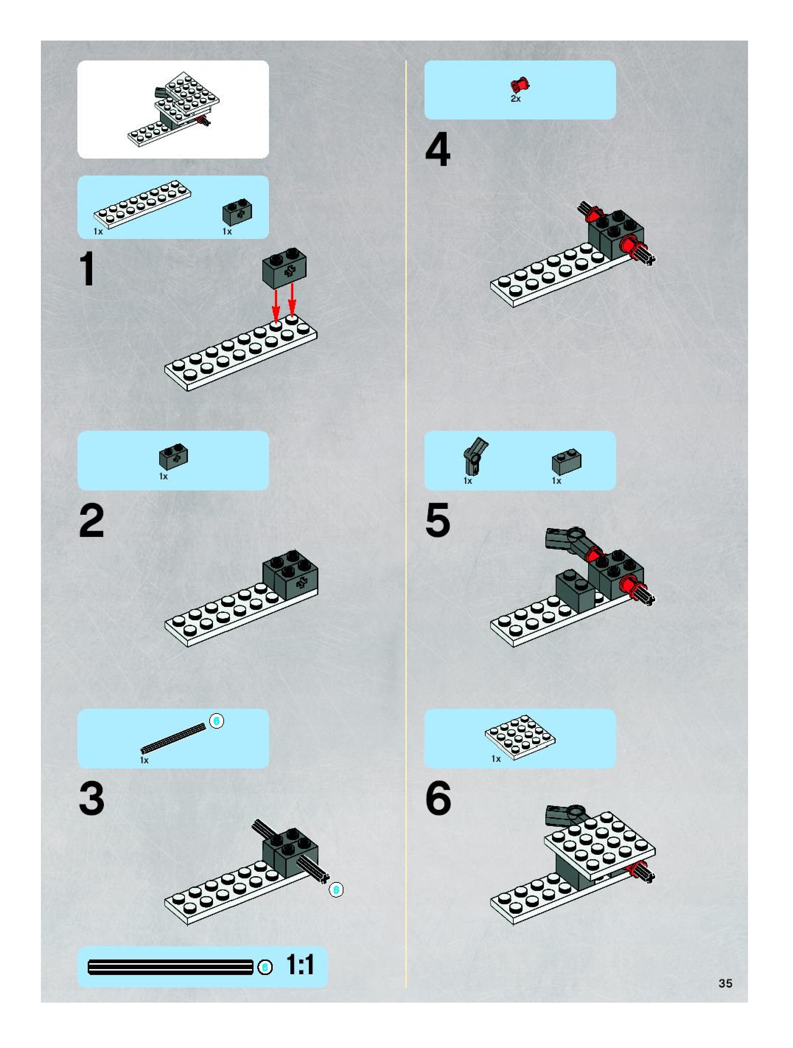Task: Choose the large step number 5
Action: pos(438,521)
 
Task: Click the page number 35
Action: pos(725,983)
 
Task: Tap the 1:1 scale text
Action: pos(300,965)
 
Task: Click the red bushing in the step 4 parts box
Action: pos(520,85)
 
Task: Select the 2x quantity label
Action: pos(516,98)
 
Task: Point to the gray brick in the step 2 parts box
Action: pos(173,456)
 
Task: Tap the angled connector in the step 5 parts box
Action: pos(475,456)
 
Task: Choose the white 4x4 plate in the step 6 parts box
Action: pos(520,737)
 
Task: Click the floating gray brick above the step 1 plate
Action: pos(284,268)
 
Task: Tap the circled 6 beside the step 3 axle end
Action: pos(336,890)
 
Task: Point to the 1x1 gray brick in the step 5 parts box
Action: pos(566,462)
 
